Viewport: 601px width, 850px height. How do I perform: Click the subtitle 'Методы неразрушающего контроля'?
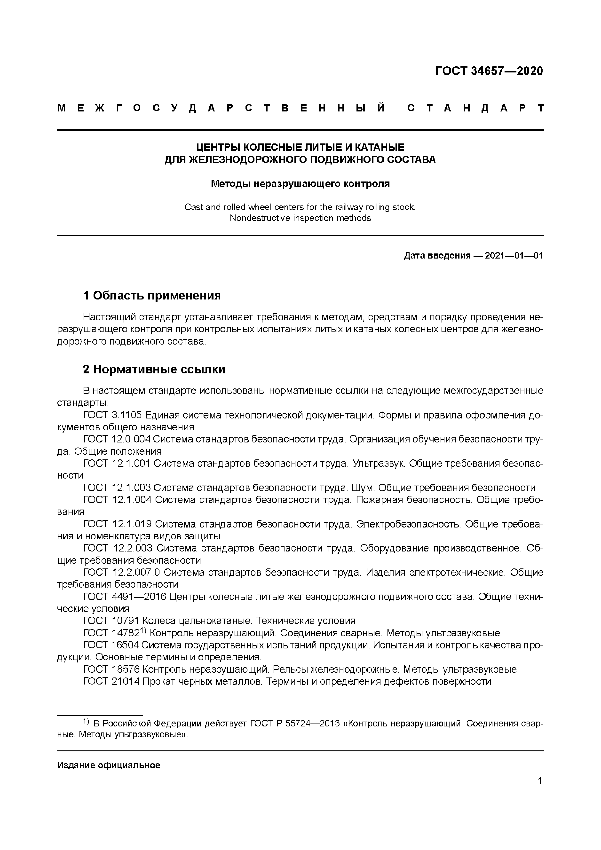[300, 184]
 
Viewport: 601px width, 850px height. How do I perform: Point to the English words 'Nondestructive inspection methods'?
[300, 218]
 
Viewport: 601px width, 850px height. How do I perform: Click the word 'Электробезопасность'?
[409, 524]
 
